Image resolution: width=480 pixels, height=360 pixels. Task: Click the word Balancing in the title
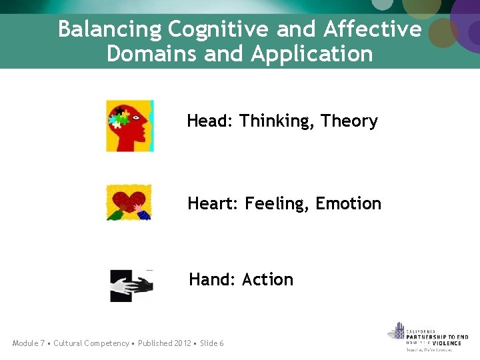click(x=110, y=30)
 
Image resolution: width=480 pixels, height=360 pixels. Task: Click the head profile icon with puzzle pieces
click(x=130, y=125)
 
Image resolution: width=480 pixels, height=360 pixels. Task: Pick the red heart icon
click(x=129, y=202)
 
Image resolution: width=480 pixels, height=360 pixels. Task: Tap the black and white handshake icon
click(x=131, y=285)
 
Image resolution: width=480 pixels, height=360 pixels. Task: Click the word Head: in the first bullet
click(x=210, y=121)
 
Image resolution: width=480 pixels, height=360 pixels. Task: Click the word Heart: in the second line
click(x=213, y=203)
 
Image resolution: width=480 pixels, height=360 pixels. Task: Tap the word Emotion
click(x=349, y=203)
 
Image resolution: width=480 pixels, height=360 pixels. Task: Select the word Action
click(x=268, y=279)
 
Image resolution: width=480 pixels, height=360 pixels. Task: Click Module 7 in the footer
click(x=29, y=343)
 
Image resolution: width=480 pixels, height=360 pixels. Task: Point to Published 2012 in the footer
click(x=165, y=343)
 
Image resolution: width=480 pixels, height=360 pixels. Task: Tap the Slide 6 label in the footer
click(x=212, y=343)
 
